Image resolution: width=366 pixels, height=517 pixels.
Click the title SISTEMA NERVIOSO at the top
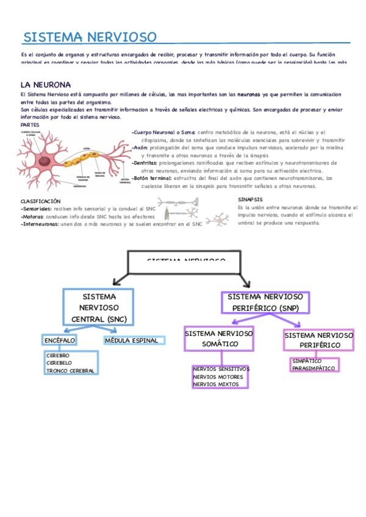[x=90, y=37]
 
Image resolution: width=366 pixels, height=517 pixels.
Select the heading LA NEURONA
[x=46, y=85]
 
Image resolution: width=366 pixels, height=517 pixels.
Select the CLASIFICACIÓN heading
[x=40, y=201]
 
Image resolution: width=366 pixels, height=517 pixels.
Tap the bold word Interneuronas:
[x=40, y=224]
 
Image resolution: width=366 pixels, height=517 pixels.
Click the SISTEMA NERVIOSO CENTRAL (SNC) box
[x=99, y=307]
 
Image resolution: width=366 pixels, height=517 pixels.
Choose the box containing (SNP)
[x=265, y=302]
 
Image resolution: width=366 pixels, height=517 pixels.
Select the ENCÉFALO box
[x=60, y=340]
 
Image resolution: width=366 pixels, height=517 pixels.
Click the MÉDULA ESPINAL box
[x=131, y=340]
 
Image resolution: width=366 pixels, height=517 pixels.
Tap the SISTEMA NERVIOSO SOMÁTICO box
[x=219, y=338]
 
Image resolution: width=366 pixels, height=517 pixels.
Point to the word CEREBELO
[x=59, y=363]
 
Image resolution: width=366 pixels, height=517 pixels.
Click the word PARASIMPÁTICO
[x=314, y=368]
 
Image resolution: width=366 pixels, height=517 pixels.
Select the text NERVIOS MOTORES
[x=218, y=377]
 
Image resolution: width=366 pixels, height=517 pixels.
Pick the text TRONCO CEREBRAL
[x=70, y=371]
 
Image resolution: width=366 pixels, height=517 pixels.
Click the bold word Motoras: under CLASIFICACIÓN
[x=33, y=216]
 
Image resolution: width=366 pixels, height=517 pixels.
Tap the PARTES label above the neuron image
[x=30, y=124]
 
